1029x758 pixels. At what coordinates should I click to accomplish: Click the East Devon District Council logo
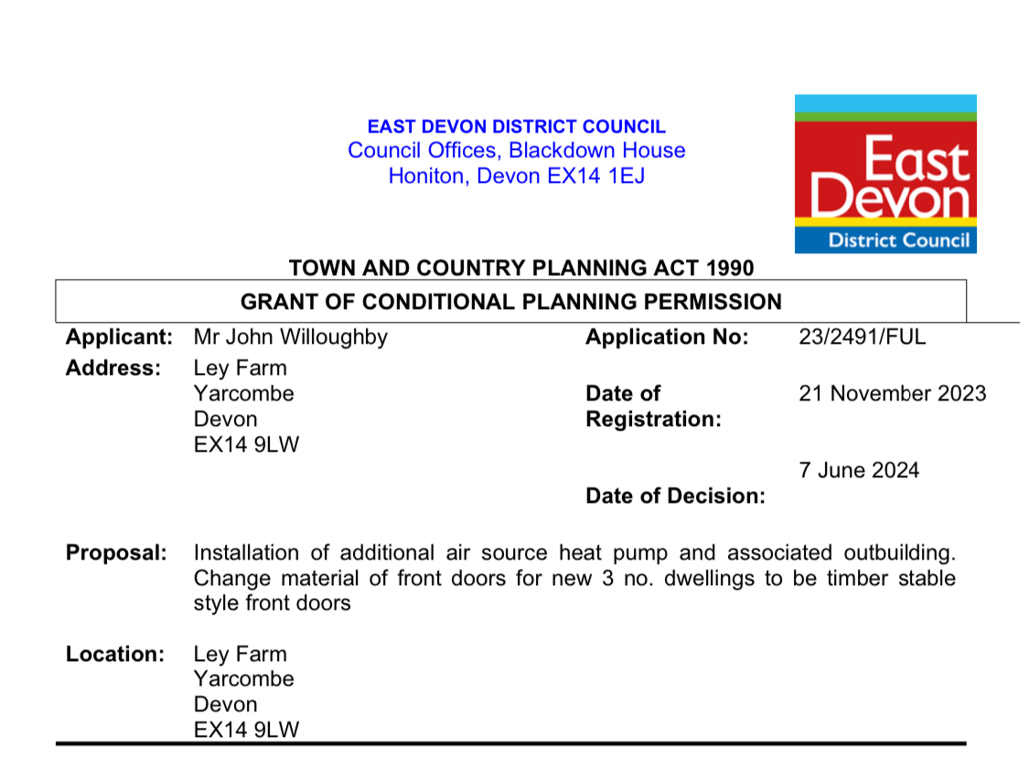(x=884, y=174)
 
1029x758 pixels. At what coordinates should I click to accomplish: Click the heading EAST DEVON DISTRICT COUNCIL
(x=516, y=127)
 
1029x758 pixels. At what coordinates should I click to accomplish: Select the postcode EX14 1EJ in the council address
(x=595, y=176)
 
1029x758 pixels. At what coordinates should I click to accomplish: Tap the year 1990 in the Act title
(x=729, y=268)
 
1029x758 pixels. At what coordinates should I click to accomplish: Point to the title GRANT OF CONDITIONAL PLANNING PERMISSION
(x=510, y=301)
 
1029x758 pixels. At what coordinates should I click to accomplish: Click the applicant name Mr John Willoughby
(x=291, y=336)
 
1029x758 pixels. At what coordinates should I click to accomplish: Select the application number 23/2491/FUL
(x=862, y=336)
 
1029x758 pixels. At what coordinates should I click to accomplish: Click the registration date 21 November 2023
(x=892, y=393)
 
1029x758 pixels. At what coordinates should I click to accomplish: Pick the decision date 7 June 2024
(x=859, y=470)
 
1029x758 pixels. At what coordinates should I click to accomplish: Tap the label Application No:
(x=667, y=336)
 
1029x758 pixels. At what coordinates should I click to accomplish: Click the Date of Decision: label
(x=675, y=496)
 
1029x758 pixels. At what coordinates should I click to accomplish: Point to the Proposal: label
(x=116, y=552)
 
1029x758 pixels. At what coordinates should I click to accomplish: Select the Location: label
(x=115, y=654)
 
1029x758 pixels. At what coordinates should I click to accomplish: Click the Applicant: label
(x=119, y=336)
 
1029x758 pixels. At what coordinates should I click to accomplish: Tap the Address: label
(x=113, y=368)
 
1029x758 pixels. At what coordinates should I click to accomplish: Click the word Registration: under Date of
(x=653, y=419)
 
